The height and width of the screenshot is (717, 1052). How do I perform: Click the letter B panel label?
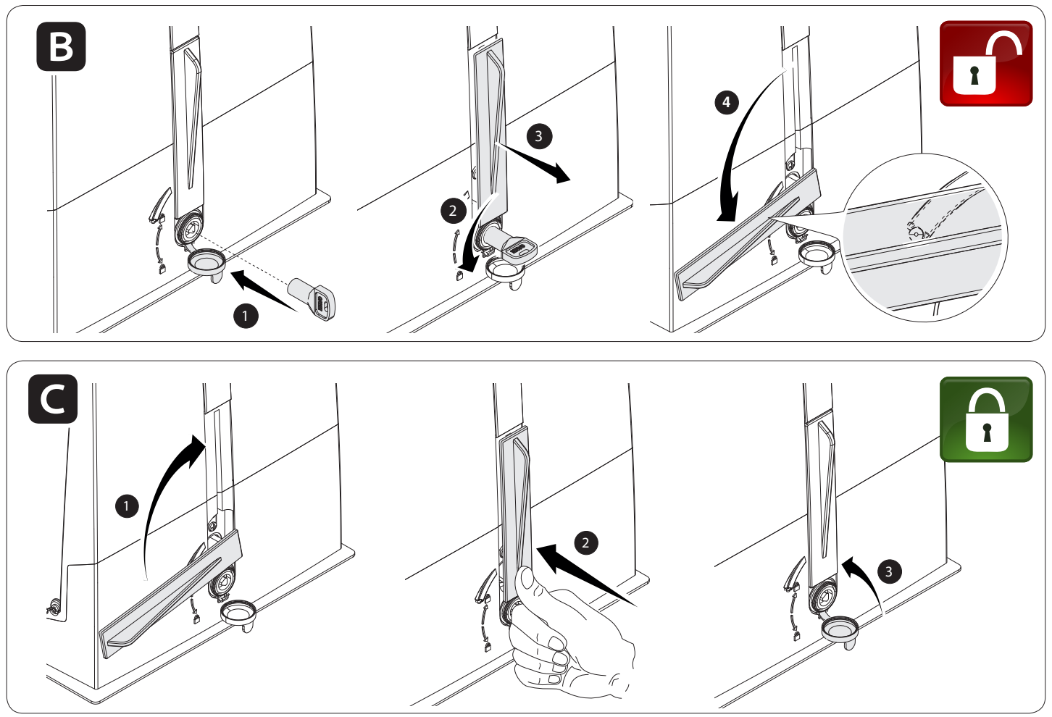61,46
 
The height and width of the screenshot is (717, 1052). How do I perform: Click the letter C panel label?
53,399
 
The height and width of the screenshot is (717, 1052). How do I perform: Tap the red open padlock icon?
986,63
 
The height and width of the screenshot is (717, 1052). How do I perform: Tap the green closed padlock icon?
986,419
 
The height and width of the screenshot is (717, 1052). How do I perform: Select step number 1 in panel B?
246,316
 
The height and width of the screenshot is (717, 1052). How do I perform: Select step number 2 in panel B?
453,211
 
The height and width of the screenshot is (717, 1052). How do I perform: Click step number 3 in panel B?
539,136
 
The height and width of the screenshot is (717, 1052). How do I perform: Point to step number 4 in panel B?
727,102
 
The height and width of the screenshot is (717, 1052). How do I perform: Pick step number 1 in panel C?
127,506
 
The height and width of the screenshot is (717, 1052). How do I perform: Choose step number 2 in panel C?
585,542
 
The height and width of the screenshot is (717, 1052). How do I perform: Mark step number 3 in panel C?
888,572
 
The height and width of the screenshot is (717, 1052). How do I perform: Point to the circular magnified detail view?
925,238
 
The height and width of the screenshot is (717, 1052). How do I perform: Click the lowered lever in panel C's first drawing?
172,593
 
